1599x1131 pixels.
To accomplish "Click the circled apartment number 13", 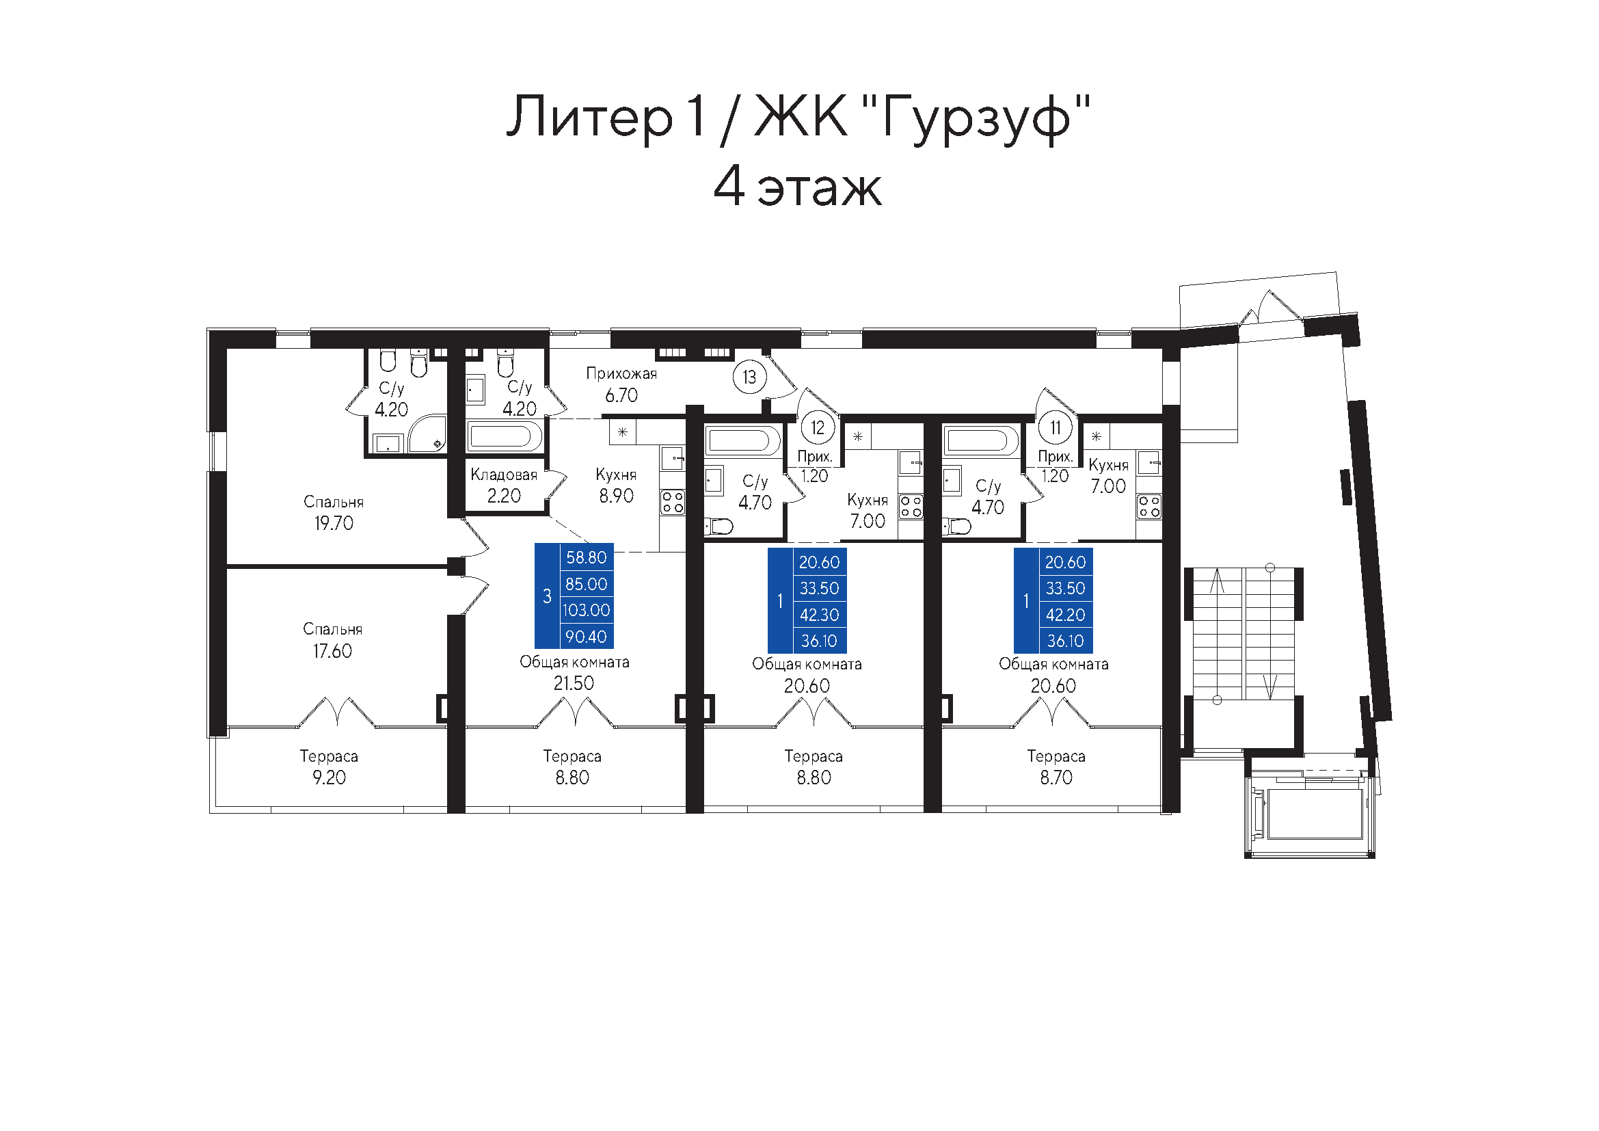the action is pos(749,377).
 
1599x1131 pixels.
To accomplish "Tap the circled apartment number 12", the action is pos(818,427).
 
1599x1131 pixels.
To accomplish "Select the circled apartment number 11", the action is pos(1056,427).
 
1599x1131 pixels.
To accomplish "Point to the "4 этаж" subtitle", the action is pos(798,187).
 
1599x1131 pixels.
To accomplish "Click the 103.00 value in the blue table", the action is pos(587,610).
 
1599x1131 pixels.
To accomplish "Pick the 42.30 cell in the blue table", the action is pos(820,615).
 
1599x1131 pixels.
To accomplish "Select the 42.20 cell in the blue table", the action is pos(1066,615).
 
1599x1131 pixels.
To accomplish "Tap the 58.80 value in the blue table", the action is pos(587,557).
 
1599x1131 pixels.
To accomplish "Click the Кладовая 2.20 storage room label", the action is pos(505,485).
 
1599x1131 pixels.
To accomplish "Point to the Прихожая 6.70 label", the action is pos(621,384).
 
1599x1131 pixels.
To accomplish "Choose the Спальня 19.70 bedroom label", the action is pos(334,513).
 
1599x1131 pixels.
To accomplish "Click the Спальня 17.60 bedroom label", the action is pos(333,640).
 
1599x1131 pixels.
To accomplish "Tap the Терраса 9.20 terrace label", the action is pos(329,767).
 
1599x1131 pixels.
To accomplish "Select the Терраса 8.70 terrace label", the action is pos(1056,767).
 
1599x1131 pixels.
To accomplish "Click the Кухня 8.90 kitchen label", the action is pos(617,485).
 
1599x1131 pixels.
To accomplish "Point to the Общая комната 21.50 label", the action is pos(574,673).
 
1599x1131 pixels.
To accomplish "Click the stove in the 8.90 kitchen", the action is pos(673,502).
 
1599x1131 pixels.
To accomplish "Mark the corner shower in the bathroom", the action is pos(427,435).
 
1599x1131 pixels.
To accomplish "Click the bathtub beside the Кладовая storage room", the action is pos(505,437).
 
